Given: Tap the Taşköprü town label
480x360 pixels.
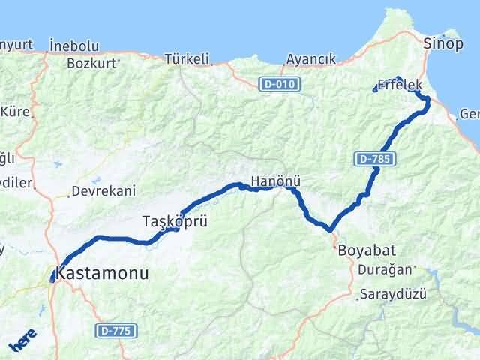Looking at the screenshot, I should coord(174,221).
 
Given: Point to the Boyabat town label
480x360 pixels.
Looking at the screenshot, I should coord(367,249).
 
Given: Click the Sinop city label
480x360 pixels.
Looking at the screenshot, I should coord(442,42).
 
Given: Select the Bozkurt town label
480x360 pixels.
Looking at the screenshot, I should coord(91,63).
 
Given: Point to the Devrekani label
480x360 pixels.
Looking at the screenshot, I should coord(102,191).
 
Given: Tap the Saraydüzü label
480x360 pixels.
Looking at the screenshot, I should coord(392,293).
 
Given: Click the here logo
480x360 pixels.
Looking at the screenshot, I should coord(22,343).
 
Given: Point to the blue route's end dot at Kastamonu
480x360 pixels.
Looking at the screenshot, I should coord(52,280).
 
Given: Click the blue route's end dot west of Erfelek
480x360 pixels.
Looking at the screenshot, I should coord(374,91).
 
